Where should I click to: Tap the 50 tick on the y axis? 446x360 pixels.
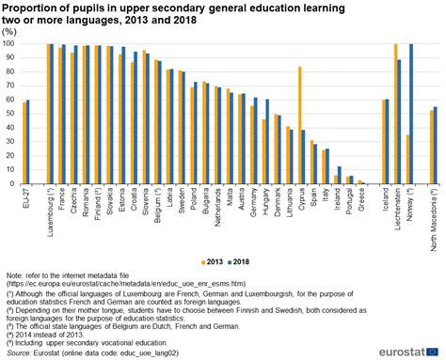[x=11, y=114]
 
